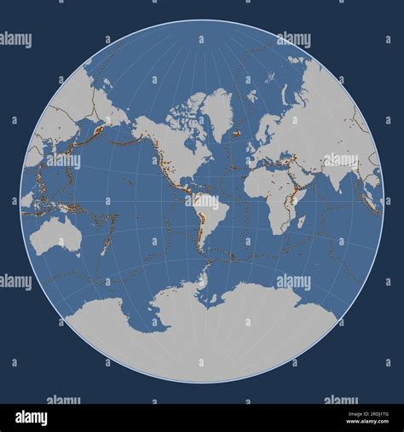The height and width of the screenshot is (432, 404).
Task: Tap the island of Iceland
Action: click(x=236, y=133)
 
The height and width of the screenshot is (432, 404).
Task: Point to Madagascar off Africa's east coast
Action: click(x=300, y=222)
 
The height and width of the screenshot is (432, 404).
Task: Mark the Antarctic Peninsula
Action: click(x=203, y=278)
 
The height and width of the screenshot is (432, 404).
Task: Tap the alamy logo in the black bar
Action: click(x=31, y=418)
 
